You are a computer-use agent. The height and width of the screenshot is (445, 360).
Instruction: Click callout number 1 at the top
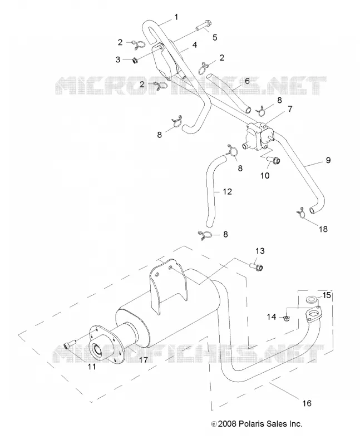(176, 17)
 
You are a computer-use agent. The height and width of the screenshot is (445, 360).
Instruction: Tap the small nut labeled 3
(136, 60)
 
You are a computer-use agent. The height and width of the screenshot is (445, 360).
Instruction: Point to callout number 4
(195, 45)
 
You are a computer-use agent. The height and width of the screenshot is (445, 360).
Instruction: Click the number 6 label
(247, 81)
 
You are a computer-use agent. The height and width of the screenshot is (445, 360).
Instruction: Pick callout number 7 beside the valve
(290, 109)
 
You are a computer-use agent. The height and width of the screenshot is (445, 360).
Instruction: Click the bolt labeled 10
(273, 161)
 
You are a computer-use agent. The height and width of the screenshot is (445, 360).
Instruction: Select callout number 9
(328, 160)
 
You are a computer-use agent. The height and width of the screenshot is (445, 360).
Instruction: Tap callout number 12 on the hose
(227, 191)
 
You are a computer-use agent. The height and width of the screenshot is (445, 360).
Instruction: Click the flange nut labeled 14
(287, 318)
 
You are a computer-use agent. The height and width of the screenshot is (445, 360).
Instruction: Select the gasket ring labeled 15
(312, 299)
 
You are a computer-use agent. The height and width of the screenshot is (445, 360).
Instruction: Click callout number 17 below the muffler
(144, 359)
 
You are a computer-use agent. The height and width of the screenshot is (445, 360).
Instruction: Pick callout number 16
(307, 403)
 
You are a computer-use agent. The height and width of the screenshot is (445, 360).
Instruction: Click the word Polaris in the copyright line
(251, 424)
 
